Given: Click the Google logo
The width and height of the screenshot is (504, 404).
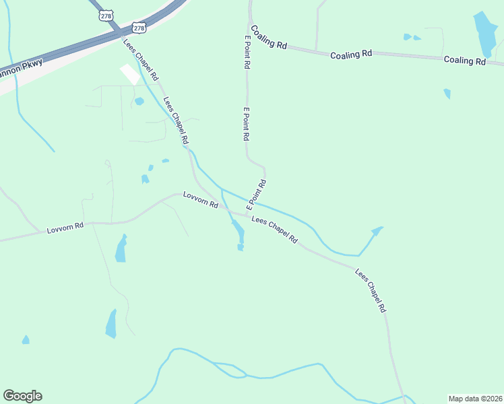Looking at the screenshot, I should pyautogui.click(x=22, y=396).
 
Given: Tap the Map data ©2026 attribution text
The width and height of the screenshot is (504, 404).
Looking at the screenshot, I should pyautogui.click(x=475, y=399).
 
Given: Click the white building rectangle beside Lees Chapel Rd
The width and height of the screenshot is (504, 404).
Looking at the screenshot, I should pyautogui.click(x=129, y=74).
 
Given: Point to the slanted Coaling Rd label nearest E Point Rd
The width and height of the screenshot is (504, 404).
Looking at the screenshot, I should pyautogui.click(x=268, y=36).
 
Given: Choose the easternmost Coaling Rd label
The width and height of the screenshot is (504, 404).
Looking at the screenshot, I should pyautogui.click(x=464, y=61).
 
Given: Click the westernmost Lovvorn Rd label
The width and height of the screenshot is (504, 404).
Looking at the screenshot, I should pyautogui.click(x=65, y=228).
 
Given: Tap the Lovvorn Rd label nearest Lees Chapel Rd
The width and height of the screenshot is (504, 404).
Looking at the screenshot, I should pyautogui.click(x=200, y=200).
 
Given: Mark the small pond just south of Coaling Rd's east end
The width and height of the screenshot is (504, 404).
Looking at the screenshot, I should pyautogui.click(x=447, y=94).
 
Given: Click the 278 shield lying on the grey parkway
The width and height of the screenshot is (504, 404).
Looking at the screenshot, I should pyautogui.click(x=138, y=28).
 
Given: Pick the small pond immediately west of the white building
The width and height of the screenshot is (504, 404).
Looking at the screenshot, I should pyautogui.click(x=139, y=102).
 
